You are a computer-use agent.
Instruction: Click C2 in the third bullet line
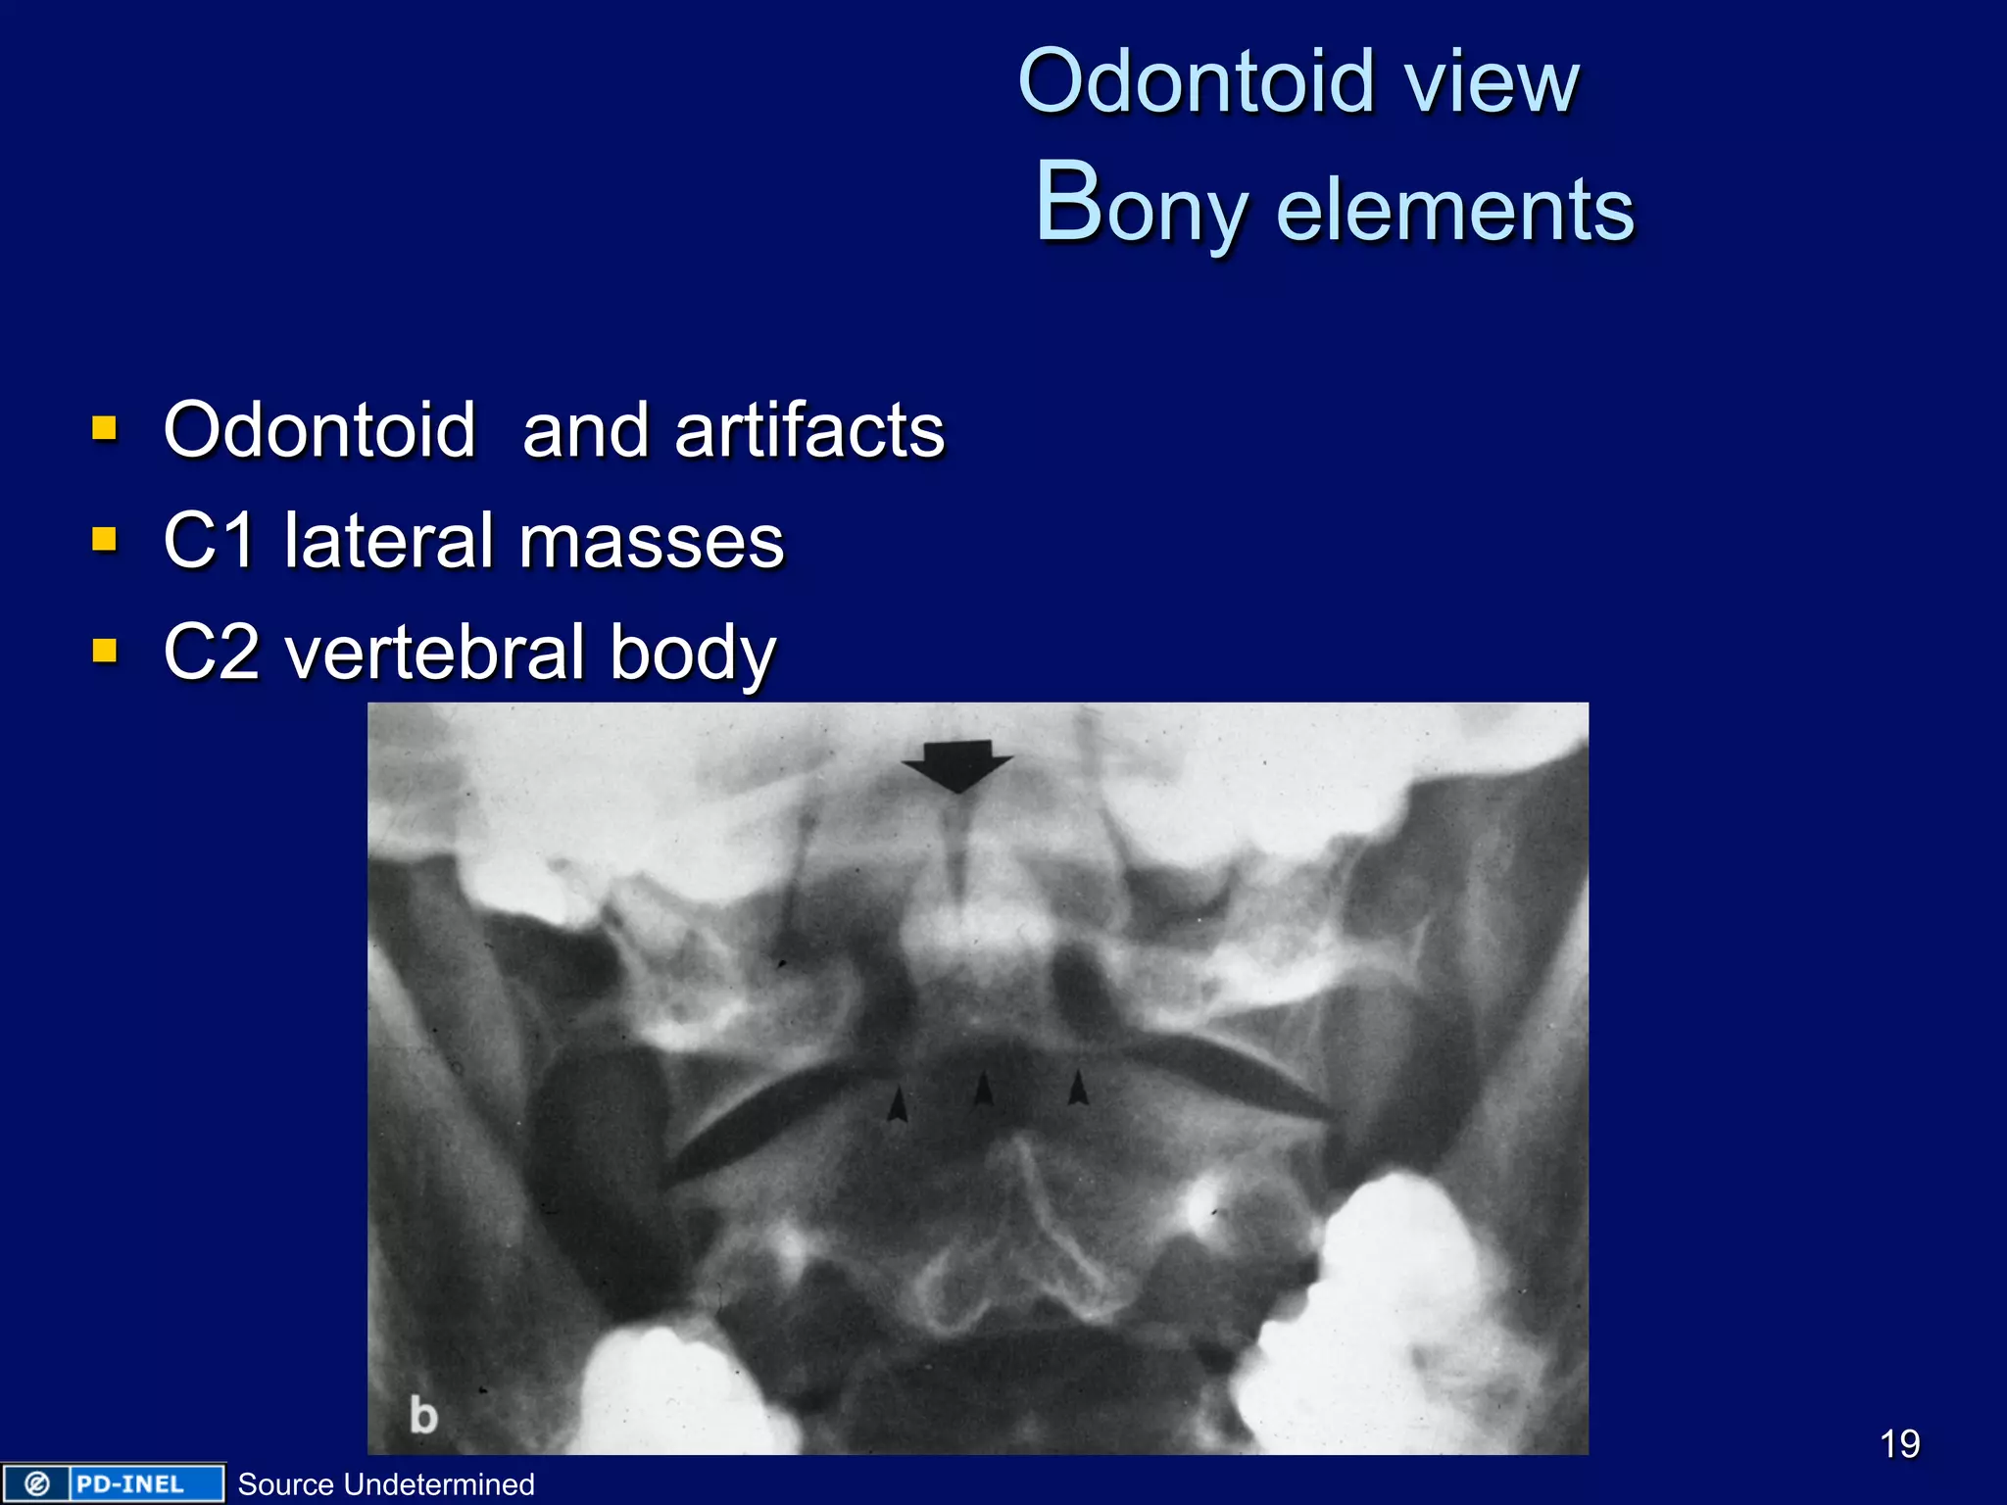click(x=211, y=653)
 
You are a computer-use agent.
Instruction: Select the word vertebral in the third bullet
click(x=435, y=653)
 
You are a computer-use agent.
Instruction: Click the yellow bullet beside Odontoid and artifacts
click(x=104, y=428)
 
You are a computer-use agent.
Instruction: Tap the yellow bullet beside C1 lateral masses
click(x=104, y=539)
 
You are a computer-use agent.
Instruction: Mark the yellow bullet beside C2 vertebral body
click(x=104, y=651)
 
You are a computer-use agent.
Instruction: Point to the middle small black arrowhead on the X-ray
click(x=984, y=1089)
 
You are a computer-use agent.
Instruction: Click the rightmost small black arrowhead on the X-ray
click(x=1078, y=1087)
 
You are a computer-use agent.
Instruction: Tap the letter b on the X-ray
click(x=423, y=1416)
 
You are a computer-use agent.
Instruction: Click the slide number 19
click(x=1899, y=1443)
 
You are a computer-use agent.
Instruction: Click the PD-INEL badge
click(x=113, y=1483)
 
